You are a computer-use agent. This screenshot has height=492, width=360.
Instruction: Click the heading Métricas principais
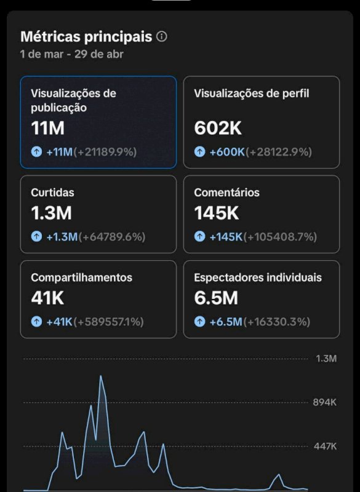[86, 37]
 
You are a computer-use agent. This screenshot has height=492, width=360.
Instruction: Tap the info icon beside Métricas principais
[162, 37]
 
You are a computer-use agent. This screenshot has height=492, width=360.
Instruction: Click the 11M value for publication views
[48, 129]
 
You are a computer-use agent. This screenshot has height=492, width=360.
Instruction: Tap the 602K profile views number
[217, 129]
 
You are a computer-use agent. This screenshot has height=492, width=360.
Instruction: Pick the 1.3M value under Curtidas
[51, 213]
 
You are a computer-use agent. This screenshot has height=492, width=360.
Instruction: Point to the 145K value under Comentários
[217, 213]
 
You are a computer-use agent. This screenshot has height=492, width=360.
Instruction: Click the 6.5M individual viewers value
[217, 298]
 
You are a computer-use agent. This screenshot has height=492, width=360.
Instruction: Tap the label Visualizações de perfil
[251, 93]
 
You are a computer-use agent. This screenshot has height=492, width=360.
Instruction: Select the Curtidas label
[52, 192]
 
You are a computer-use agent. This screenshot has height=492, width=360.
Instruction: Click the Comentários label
[226, 192]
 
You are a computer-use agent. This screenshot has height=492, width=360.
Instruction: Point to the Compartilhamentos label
[81, 277]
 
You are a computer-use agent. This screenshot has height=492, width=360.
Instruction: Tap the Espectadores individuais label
[257, 277]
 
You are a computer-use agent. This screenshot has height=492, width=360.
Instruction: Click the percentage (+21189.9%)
[105, 152]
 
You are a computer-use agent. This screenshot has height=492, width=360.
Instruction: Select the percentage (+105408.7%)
[281, 237]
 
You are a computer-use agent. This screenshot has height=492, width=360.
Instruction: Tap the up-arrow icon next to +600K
[200, 152]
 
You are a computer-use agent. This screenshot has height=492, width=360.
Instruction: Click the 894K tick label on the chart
[325, 402]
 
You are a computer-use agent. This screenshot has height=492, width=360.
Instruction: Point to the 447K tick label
[325, 446]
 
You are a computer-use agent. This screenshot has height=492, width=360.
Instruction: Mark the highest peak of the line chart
[101, 376]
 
